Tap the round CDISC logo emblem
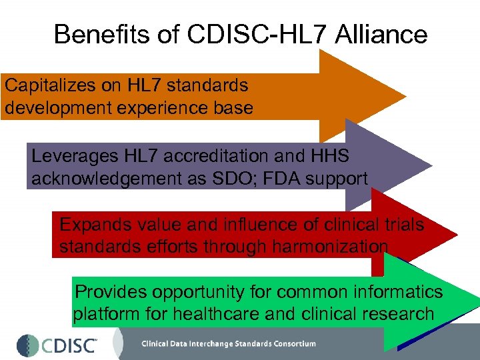(x=27, y=344)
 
